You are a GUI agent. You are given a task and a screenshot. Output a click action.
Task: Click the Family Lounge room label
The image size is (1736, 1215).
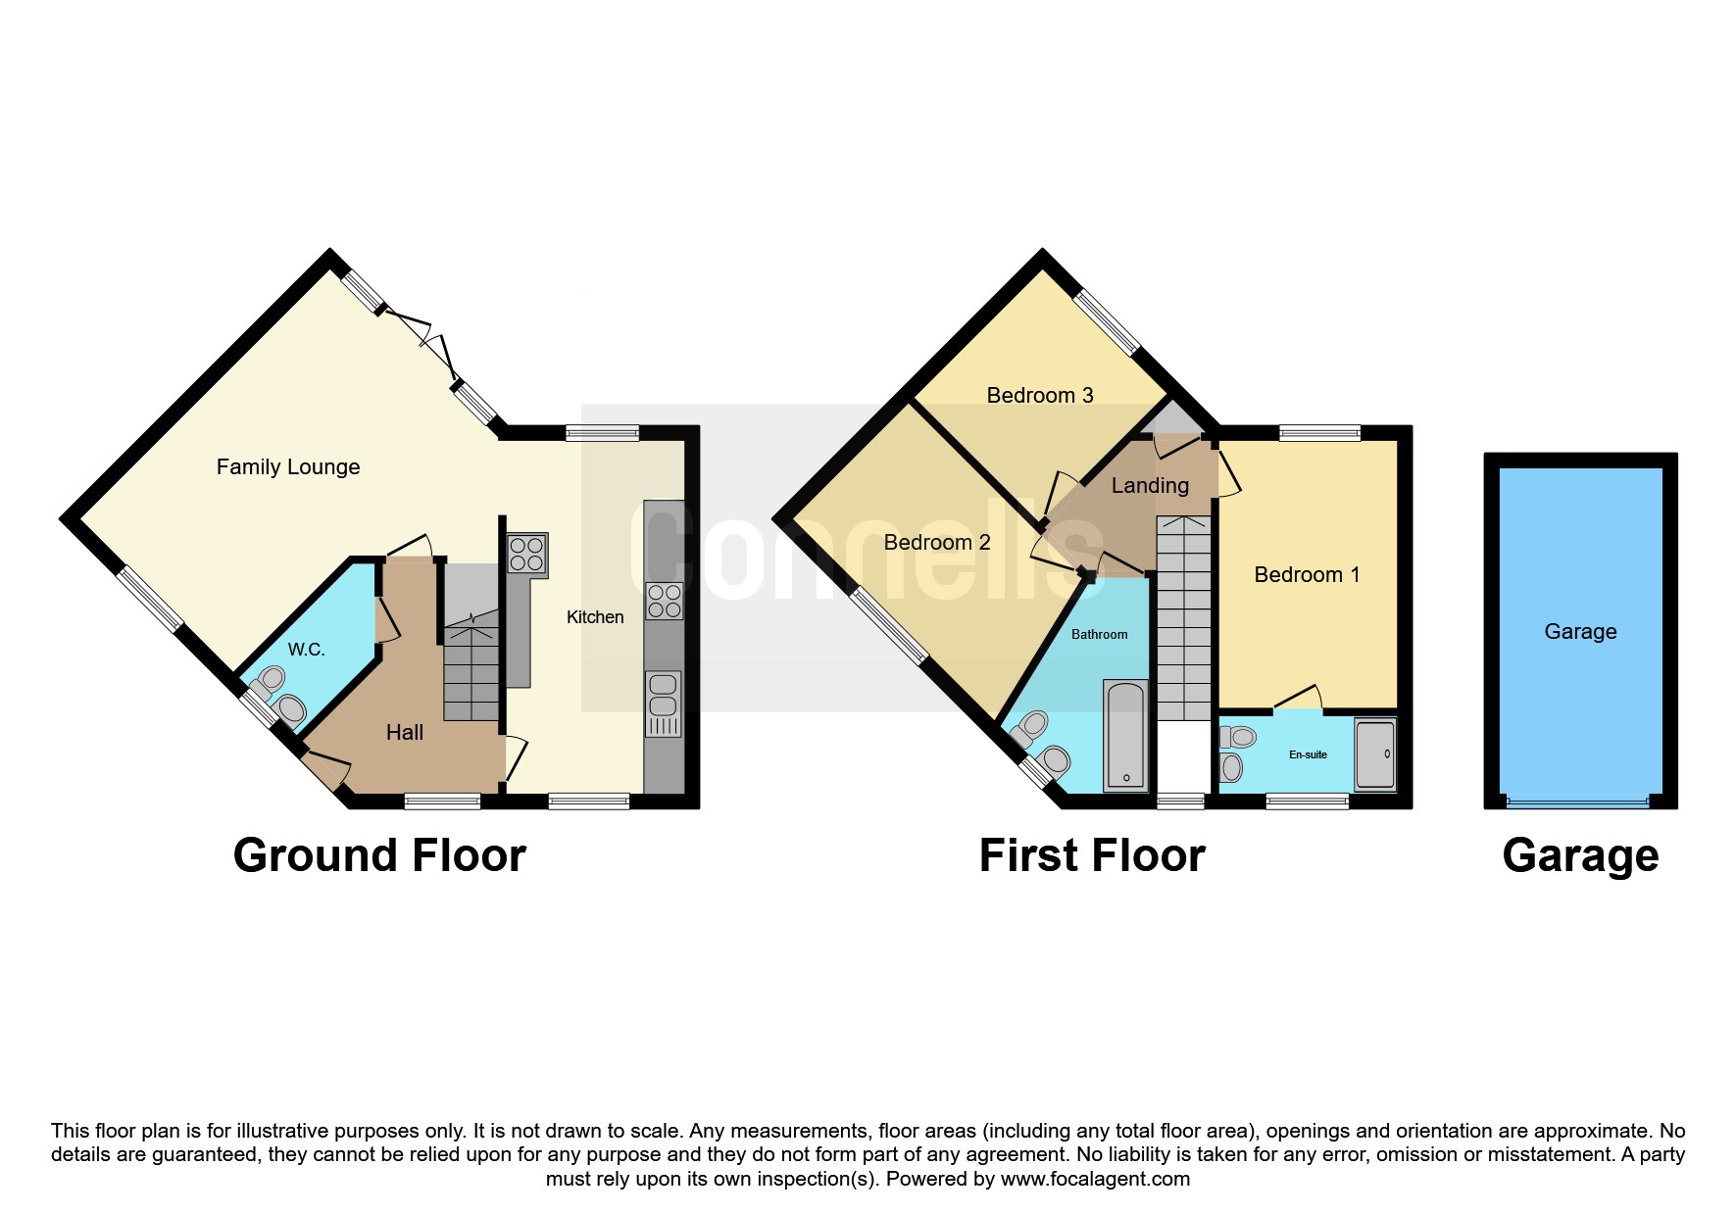(x=287, y=467)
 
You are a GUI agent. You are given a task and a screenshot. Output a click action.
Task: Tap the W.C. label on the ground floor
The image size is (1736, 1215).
(x=306, y=650)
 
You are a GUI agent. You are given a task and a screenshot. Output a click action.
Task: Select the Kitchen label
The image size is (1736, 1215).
(x=595, y=617)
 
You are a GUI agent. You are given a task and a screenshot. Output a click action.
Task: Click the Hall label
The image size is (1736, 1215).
(x=404, y=732)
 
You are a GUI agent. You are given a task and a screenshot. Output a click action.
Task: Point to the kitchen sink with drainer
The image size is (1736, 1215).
(x=664, y=704)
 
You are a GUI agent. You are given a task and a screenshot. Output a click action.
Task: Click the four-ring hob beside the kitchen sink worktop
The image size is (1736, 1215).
(x=665, y=601)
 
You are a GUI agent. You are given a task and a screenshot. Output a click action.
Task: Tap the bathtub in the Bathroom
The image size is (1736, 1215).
(x=1125, y=735)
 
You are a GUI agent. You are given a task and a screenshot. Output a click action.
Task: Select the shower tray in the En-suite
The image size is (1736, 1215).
(x=1374, y=754)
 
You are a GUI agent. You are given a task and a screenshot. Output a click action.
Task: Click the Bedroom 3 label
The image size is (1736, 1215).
(x=1039, y=396)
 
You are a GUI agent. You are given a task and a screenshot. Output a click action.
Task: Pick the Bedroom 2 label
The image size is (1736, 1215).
(x=936, y=543)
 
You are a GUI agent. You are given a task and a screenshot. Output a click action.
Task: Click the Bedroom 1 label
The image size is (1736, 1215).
(x=1307, y=575)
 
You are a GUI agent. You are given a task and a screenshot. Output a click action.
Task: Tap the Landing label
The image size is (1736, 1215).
(x=1150, y=486)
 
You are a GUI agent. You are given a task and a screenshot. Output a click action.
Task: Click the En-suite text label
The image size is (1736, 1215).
(x=1308, y=754)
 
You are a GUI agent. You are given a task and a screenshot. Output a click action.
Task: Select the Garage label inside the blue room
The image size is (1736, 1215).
(x=1580, y=632)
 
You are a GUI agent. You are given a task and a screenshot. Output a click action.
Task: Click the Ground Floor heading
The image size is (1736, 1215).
(x=379, y=855)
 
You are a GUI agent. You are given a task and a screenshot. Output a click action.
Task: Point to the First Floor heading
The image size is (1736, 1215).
(x=1092, y=855)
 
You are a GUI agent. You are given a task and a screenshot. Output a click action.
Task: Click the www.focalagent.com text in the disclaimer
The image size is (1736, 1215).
(x=1095, y=1179)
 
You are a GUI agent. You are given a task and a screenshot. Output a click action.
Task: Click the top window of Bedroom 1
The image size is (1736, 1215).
(x=1319, y=432)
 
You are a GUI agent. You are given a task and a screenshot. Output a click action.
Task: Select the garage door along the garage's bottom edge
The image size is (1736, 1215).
(x=1578, y=802)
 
